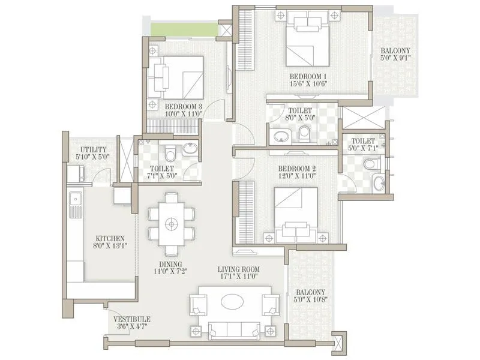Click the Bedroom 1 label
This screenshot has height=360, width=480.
click(x=307, y=76)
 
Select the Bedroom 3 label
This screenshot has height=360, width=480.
click(x=184, y=106)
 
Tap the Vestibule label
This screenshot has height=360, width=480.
click(x=132, y=319)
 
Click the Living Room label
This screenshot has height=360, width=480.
click(x=238, y=269)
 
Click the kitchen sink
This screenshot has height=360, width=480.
click(x=75, y=203)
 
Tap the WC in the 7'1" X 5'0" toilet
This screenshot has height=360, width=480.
click(x=171, y=148)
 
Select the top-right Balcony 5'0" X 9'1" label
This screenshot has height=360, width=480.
click(x=394, y=55)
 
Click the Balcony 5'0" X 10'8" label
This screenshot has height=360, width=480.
click(x=310, y=296)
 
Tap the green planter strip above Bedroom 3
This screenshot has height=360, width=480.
click(x=184, y=29)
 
